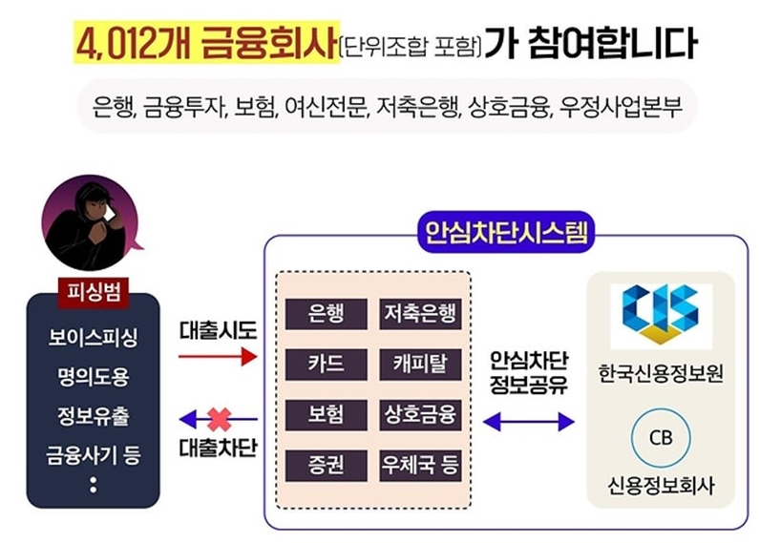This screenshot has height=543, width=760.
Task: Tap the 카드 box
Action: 326,364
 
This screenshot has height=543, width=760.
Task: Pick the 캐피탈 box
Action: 420,364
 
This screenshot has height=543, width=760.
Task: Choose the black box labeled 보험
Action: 326,415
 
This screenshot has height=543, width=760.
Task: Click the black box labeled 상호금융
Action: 420,415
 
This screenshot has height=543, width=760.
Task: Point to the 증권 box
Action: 326,467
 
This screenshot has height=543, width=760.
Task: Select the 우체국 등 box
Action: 420,467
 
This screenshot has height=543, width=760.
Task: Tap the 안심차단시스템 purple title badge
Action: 505,232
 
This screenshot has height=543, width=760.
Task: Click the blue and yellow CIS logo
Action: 660,312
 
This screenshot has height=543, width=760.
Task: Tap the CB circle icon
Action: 660,437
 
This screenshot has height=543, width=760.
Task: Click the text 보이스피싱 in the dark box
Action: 93,338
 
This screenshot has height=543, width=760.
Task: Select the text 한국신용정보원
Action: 660,371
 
